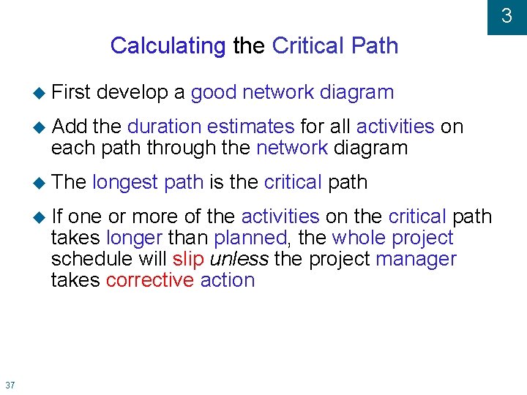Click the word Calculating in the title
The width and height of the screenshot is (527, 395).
[168, 46]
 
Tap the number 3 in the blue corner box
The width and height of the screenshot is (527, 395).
[507, 16]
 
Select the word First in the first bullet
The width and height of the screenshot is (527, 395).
[70, 92]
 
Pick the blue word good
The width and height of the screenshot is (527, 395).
[214, 93]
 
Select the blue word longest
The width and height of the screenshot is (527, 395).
[127, 182]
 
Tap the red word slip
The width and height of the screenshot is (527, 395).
[188, 259]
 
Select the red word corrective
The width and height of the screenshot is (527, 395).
[149, 280]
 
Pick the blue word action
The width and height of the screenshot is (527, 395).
[227, 280]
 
